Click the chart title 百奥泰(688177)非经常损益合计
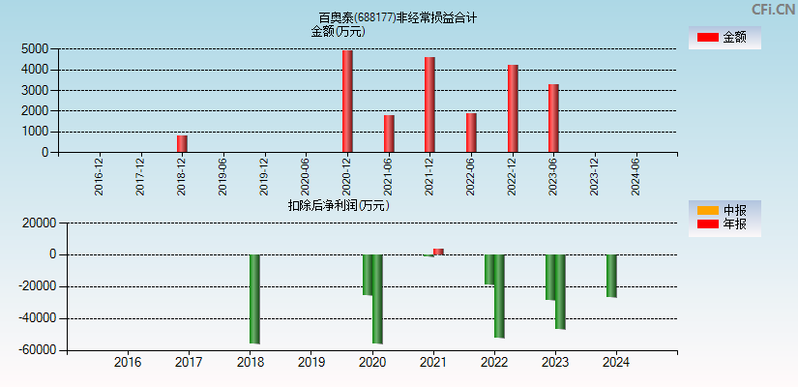click(x=398, y=17)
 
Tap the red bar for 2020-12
click(x=347, y=102)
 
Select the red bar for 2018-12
click(x=182, y=143)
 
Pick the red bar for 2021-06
click(x=389, y=134)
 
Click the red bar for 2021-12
click(x=429, y=104)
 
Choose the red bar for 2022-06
click(x=471, y=133)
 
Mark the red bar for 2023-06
click(x=553, y=118)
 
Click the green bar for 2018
click(x=254, y=299)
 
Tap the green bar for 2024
click(x=611, y=276)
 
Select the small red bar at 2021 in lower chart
click(x=438, y=252)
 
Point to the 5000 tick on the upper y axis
click(x=34, y=48)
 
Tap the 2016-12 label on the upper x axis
click(x=100, y=176)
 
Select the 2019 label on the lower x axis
click(x=310, y=363)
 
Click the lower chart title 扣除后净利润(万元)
click(x=339, y=205)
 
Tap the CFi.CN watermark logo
click(x=773, y=9)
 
